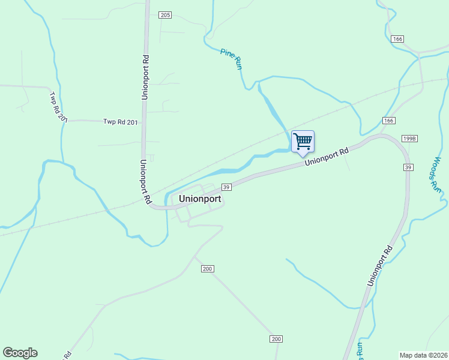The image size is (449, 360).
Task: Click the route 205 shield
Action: pyautogui.click(x=166, y=15)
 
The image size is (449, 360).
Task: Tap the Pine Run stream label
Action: pyautogui.click(x=231, y=59)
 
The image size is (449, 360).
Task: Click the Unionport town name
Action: pyautogui.click(x=200, y=199)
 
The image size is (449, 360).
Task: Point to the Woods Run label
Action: pyautogui.click(x=437, y=174)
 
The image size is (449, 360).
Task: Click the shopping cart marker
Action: pyautogui.click(x=303, y=142)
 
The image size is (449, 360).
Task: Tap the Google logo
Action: pyautogui.click(x=20, y=353)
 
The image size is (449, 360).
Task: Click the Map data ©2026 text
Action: pyautogui.click(x=423, y=355)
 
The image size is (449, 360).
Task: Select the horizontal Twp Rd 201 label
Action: pyautogui.click(x=121, y=122)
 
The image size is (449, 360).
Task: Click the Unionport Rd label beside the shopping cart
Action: pyautogui.click(x=327, y=158)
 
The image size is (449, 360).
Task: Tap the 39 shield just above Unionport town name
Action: pyautogui.click(x=226, y=187)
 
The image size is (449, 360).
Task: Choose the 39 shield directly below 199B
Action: pyautogui.click(x=408, y=167)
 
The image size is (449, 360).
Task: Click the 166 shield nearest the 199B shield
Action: pyautogui.click(x=389, y=121)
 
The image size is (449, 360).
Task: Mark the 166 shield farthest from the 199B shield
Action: pyautogui.click(x=397, y=38)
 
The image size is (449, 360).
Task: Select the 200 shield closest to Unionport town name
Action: pyautogui.click(x=207, y=269)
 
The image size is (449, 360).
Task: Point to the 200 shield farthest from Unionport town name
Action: pyautogui.click(x=276, y=340)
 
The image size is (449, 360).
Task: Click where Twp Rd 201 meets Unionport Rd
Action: pyautogui.click(x=144, y=121)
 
